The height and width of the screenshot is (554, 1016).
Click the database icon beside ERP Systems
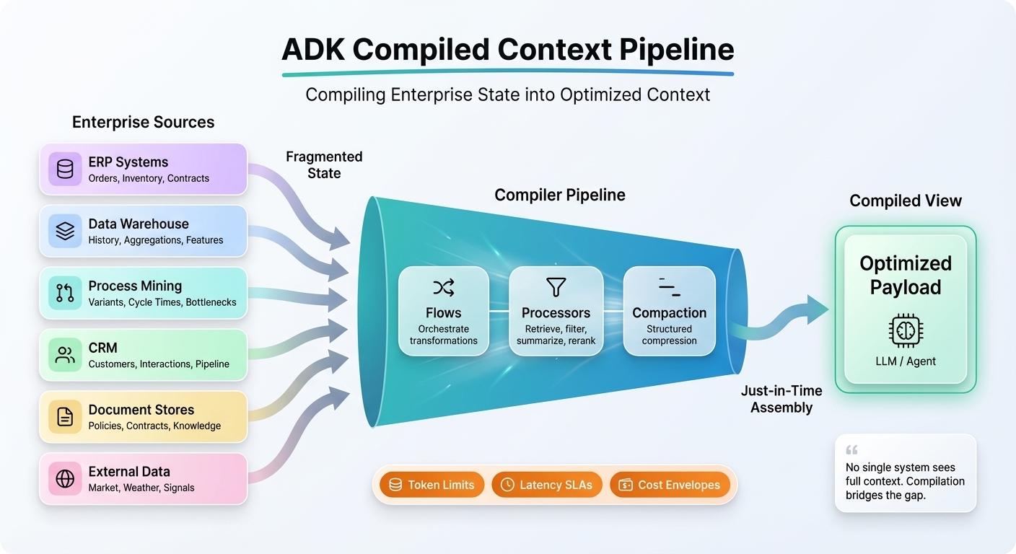(65, 170)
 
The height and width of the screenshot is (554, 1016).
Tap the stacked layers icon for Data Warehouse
(65, 232)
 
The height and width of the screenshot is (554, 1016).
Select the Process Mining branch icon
(65, 293)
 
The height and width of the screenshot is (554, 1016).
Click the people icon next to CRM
(65, 355)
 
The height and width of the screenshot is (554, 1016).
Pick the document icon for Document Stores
(65, 417)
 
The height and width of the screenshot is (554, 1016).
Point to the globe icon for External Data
(65, 479)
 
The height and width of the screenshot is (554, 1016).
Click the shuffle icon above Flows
(443, 289)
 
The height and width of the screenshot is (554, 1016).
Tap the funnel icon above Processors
(556, 288)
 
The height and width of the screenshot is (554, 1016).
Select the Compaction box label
(669, 313)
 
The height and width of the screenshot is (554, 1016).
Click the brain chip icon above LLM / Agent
(906, 330)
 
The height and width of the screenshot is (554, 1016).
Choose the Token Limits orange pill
(432, 485)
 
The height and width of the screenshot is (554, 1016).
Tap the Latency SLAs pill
(546, 485)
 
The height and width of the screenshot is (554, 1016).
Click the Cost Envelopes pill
(670, 485)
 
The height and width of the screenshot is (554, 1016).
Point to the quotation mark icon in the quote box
(851, 450)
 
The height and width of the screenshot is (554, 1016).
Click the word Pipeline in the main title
(677, 50)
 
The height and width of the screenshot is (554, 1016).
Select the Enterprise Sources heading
(143, 122)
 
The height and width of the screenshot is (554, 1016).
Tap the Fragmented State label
(324, 165)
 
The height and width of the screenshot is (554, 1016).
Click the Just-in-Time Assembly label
(781, 399)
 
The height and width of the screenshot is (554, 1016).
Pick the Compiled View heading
(905, 201)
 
